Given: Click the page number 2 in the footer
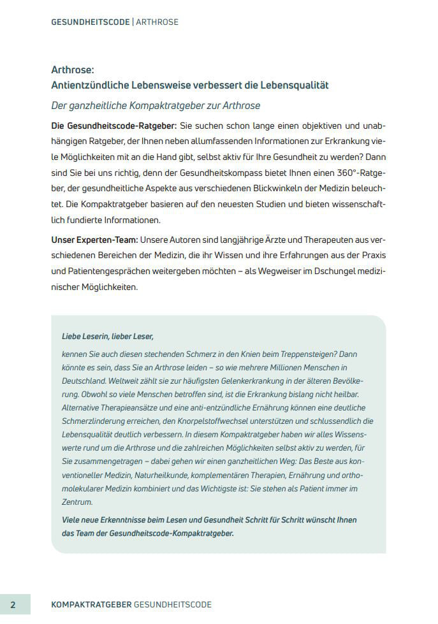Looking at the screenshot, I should tap(12, 604).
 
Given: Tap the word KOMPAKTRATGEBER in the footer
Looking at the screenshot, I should tap(91, 604).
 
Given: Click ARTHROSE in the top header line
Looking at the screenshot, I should tap(157, 22).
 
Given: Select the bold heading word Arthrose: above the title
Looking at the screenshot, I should tap(73, 70).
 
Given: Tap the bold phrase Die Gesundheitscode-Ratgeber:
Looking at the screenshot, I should tap(111, 125).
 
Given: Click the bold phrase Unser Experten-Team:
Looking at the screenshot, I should tap(94, 240).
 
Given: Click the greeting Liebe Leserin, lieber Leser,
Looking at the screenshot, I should tap(108, 336).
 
